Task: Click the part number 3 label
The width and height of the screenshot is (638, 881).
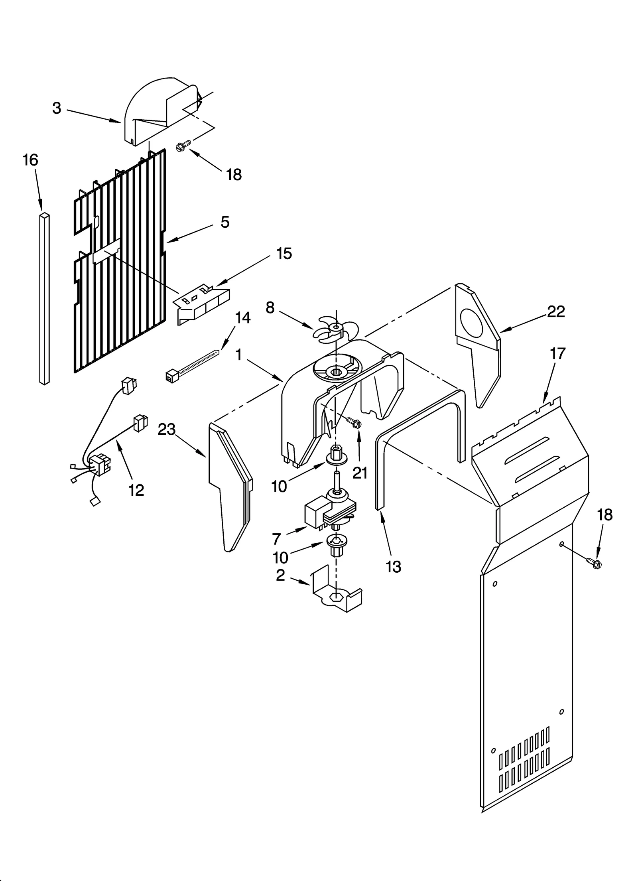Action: pyautogui.click(x=57, y=108)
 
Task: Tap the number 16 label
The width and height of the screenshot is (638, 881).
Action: pyautogui.click(x=30, y=160)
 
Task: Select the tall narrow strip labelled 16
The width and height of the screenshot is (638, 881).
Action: pyautogui.click(x=45, y=299)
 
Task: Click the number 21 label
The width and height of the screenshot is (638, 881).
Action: pyautogui.click(x=360, y=473)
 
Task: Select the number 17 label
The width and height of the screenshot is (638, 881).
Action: pyautogui.click(x=557, y=353)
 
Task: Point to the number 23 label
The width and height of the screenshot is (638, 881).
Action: pyautogui.click(x=167, y=430)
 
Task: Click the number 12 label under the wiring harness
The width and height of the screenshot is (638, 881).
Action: pyautogui.click(x=136, y=490)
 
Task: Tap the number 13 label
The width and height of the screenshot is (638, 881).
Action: pyautogui.click(x=393, y=567)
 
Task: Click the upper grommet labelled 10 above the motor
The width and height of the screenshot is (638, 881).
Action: pyautogui.click(x=336, y=457)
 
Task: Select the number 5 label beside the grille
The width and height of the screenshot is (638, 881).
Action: pyautogui.click(x=225, y=222)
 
